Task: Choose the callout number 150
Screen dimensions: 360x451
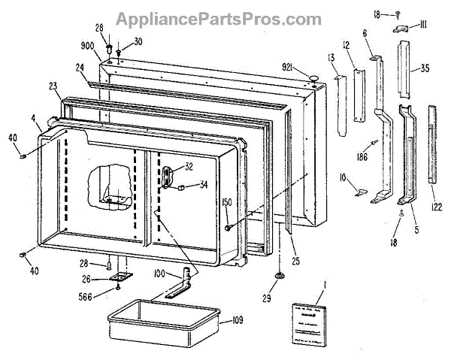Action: click(x=226, y=202)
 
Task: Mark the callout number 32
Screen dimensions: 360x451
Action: click(x=189, y=167)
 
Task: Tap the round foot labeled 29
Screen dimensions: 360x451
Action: click(x=279, y=279)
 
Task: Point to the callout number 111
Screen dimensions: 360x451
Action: click(x=423, y=24)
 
